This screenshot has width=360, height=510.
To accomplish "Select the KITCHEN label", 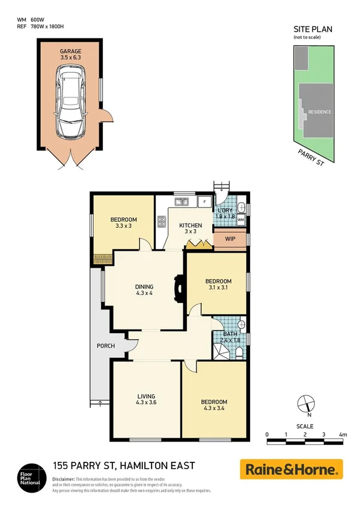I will (x=191, y=226).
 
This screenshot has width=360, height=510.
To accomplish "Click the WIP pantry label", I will (x=230, y=239).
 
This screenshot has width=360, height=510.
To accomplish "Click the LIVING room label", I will (x=146, y=395).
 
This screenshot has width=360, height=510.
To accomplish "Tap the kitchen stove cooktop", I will (x=162, y=223).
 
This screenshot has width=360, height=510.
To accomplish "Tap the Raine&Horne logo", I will (x=291, y=469).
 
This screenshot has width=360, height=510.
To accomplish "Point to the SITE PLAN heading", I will (x=313, y=28).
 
